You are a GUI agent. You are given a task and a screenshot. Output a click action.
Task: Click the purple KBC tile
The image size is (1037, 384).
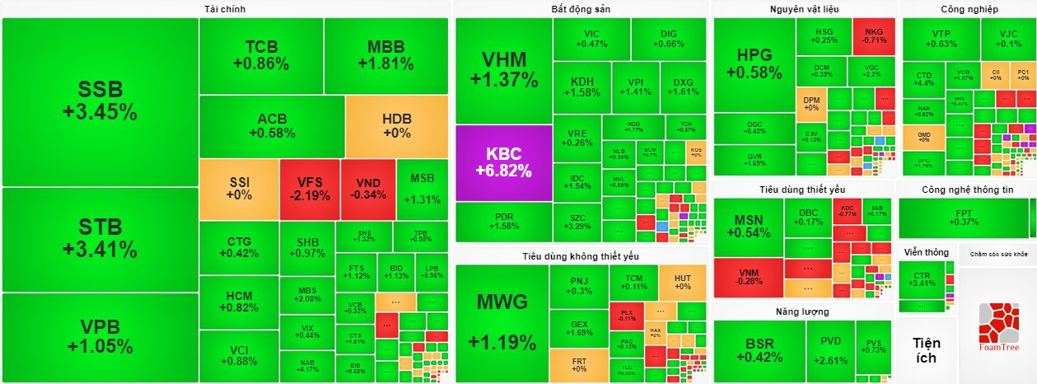pos(503,162)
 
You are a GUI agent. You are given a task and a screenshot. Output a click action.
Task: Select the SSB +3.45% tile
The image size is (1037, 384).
pos(100,101)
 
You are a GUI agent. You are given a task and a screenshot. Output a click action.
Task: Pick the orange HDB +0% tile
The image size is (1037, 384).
pos(396,125)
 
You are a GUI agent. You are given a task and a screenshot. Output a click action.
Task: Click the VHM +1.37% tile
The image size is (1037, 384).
pos(503,69)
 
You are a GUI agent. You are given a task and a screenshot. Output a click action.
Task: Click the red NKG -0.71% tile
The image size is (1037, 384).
pos(874,35)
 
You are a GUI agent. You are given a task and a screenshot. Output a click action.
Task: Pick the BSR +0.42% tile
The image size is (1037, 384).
pos(758,350)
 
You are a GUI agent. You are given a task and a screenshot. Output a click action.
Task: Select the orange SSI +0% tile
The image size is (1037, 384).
pos(239,189)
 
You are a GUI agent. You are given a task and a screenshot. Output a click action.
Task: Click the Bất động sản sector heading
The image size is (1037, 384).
pos(580,9)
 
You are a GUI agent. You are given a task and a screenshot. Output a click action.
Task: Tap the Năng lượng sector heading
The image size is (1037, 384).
pos(801,312)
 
